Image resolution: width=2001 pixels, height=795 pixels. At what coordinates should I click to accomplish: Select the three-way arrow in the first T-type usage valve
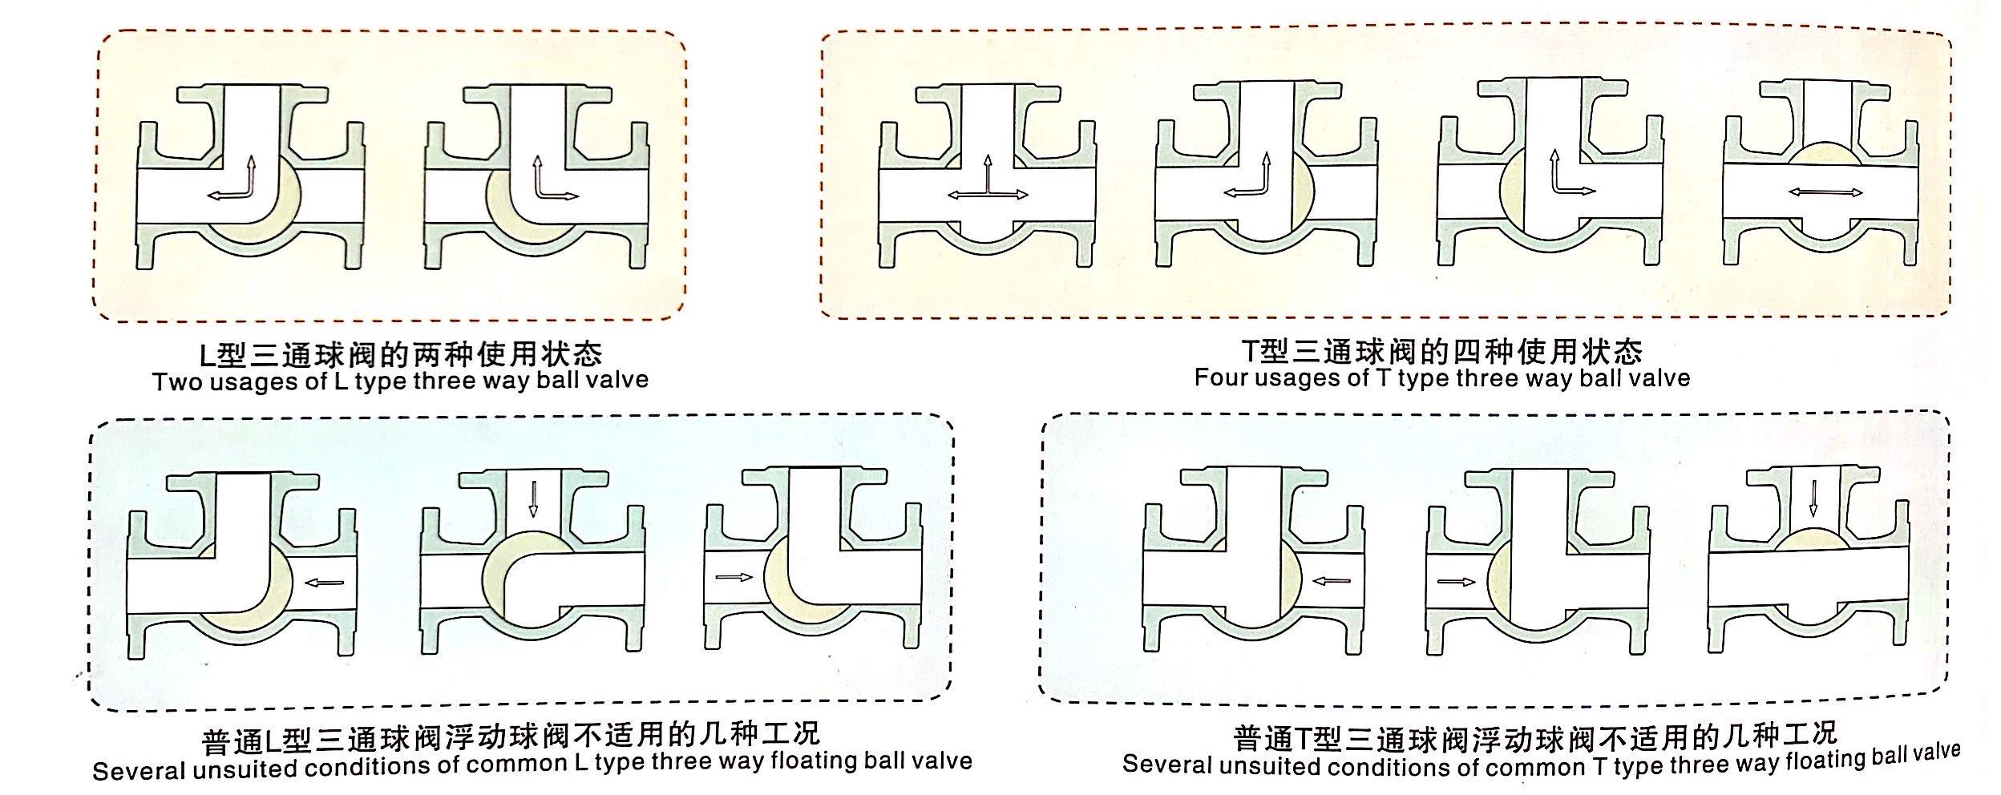coord(987,179)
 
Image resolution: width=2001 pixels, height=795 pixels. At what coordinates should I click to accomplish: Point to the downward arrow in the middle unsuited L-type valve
coord(532,498)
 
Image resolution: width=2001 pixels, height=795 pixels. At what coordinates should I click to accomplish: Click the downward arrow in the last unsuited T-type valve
coord(1812,498)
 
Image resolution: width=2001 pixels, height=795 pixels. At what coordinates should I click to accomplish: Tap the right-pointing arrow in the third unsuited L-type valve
coord(734,576)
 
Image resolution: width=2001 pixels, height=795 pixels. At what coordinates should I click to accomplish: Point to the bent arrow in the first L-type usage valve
coord(232,178)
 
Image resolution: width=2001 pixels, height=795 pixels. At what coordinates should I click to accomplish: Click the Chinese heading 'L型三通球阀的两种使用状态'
coord(401,353)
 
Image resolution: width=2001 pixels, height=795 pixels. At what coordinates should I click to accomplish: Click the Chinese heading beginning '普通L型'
coord(511,736)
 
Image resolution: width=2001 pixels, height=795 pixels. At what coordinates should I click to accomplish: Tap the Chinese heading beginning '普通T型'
coord(1535,735)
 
